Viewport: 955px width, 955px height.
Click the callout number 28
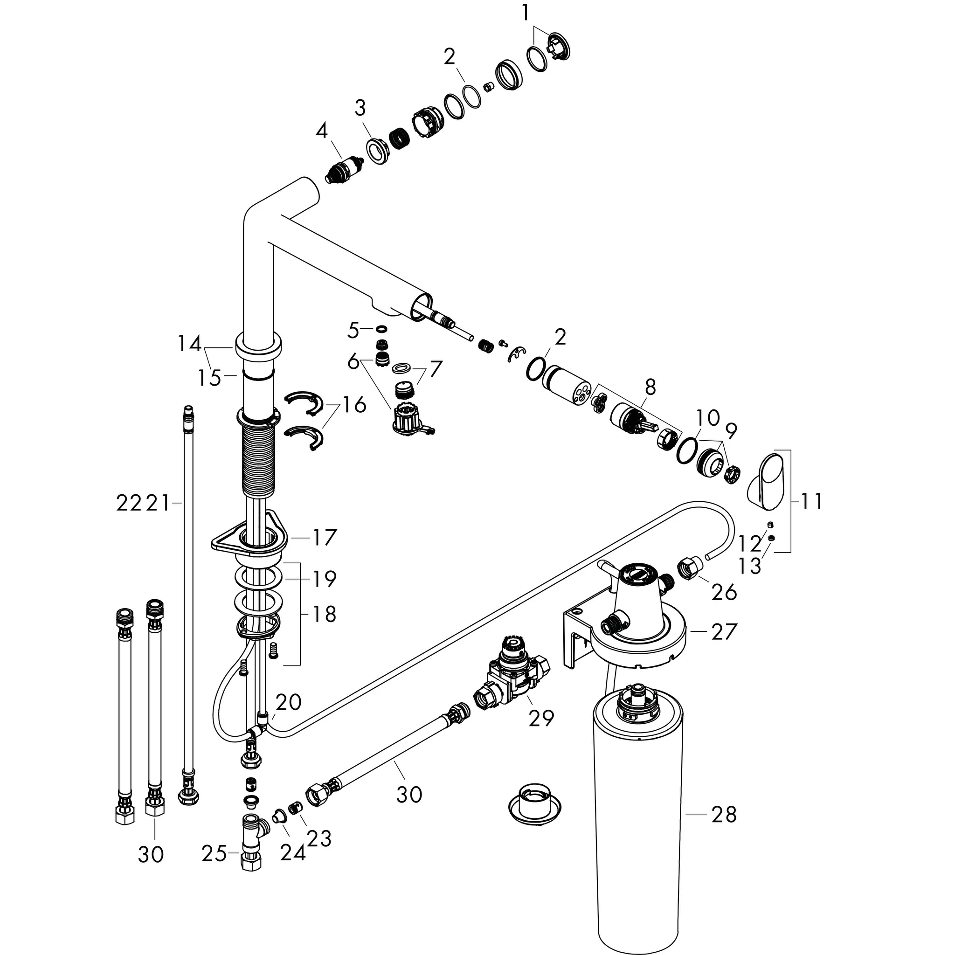click(x=724, y=814)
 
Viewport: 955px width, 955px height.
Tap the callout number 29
click(x=541, y=718)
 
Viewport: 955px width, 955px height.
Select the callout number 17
click(x=324, y=537)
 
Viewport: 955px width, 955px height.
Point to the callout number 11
click(x=811, y=501)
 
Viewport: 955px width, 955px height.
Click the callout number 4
click(x=322, y=131)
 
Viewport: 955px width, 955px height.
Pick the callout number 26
click(x=724, y=592)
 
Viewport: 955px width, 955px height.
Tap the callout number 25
click(x=214, y=854)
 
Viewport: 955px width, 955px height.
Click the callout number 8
click(x=651, y=387)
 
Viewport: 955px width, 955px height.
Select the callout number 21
click(x=158, y=503)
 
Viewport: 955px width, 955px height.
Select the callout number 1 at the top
click(x=526, y=14)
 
